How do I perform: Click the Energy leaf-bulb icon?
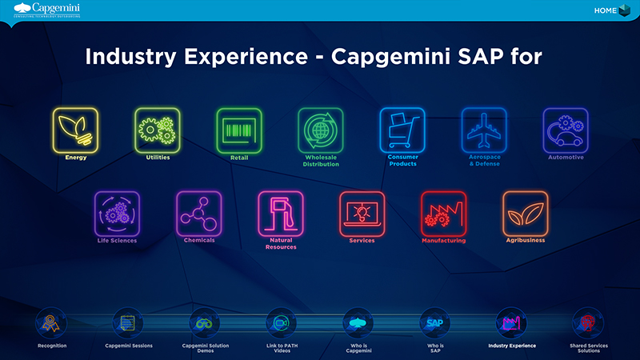[x=75, y=130]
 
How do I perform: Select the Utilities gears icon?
[x=158, y=130]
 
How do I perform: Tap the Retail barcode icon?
[x=239, y=130]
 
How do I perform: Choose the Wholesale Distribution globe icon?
[x=321, y=130]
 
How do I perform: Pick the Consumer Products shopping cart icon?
[x=402, y=130]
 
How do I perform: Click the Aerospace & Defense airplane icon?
[x=484, y=130]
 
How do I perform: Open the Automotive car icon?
[x=566, y=130]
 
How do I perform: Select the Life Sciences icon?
[x=117, y=213]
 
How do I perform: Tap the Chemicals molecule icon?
[x=198, y=213]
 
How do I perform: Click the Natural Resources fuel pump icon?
[x=280, y=213]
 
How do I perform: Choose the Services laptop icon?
[x=362, y=213]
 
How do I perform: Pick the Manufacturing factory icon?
[x=443, y=213]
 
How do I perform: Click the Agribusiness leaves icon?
[x=525, y=213]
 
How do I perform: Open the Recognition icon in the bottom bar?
[x=51, y=324]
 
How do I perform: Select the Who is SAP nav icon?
[x=434, y=324]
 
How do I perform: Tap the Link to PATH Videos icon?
[x=281, y=324]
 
